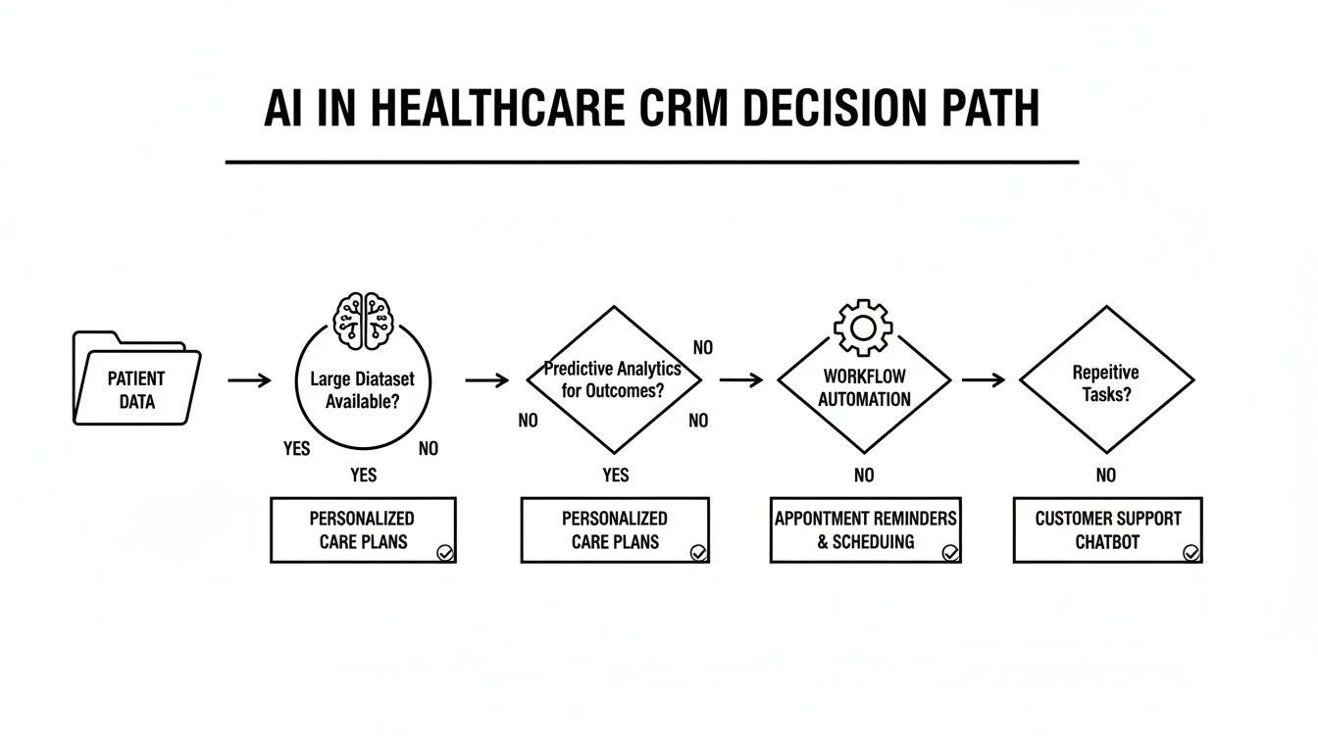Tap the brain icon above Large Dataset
point(363,320)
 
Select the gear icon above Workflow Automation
point(862,328)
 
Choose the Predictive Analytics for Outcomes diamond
point(614,379)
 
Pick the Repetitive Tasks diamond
point(1106,379)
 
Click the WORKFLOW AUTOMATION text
point(864,387)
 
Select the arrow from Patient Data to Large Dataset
point(249,379)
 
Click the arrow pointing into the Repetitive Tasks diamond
point(983,379)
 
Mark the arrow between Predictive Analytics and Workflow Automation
point(740,379)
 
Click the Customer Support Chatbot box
point(1107,529)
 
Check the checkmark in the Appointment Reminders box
point(950,553)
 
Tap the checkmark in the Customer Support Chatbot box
point(1191,553)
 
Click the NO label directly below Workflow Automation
point(864,476)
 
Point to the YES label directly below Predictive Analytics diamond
point(615,476)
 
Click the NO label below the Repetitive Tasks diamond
point(1106,476)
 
